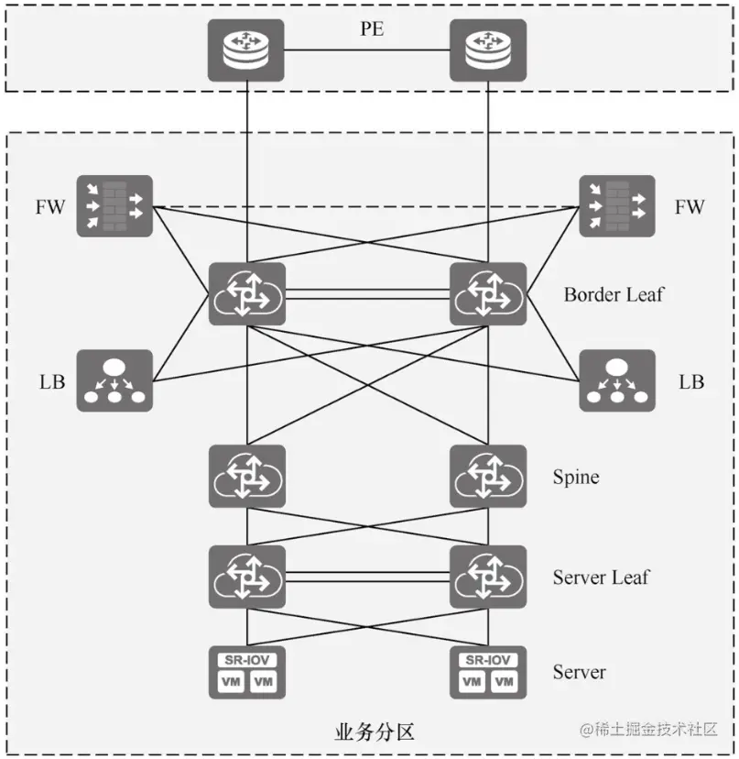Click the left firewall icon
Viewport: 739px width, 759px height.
pyautogui.click(x=114, y=206)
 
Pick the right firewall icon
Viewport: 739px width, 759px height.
pyautogui.click(x=617, y=206)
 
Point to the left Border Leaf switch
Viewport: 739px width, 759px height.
pyautogui.click(x=246, y=293)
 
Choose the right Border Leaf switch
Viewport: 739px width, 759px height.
pyautogui.click(x=488, y=293)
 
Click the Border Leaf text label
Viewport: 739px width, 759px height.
pyautogui.click(x=614, y=294)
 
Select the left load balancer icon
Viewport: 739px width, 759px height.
pyautogui.click(x=114, y=379)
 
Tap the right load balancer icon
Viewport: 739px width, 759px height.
pyautogui.click(x=617, y=379)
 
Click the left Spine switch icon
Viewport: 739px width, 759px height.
pyautogui.click(x=246, y=476)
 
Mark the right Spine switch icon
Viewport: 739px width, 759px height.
pyautogui.click(x=488, y=476)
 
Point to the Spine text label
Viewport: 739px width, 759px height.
pyautogui.click(x=576, y=477)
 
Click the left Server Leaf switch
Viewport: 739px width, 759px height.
pyautogui.click(x=246, y=576)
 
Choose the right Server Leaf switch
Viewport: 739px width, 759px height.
pyautogui.click(x=488, y=576)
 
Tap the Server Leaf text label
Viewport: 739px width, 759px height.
pyautogui.click(x=601, y=577)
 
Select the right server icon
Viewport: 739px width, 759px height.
pyautogui.click(x=488, y=673)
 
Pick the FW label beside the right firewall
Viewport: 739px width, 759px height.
pyautogui.click(x=690, y=207)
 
